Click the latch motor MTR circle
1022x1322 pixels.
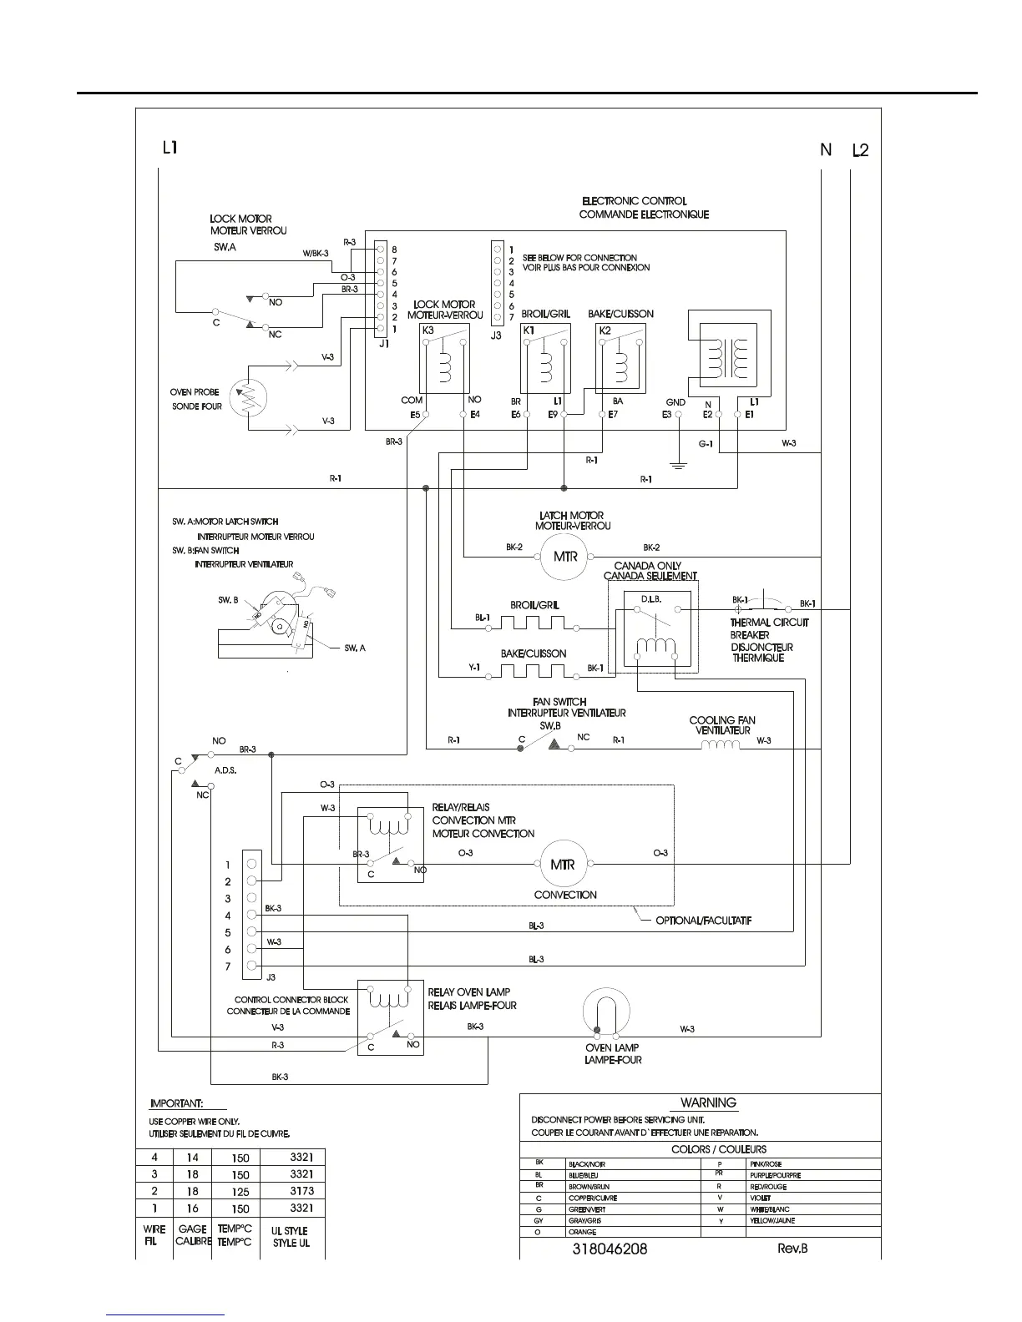tap(564, 557)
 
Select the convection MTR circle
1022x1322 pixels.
tap(563, 865)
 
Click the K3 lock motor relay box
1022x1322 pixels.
tap(444, 357)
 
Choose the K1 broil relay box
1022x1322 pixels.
tap(545, 357)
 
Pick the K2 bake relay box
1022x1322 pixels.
tap(621, 357)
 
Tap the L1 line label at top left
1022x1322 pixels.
tap(169, 149)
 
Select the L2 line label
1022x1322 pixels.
tap(860, 151)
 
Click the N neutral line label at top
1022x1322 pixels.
tap(826, 150)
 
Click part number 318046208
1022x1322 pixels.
tap(610, 1249)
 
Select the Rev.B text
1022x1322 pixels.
tap(792, 1249)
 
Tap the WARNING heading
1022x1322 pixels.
tap(708, 1103)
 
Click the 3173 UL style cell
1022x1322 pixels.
tap(291, 1191)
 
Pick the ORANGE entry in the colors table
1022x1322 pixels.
tap(582, 1232)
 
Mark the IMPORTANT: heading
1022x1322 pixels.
tap(176, 1103)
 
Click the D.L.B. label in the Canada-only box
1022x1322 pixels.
tap(651, 599)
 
